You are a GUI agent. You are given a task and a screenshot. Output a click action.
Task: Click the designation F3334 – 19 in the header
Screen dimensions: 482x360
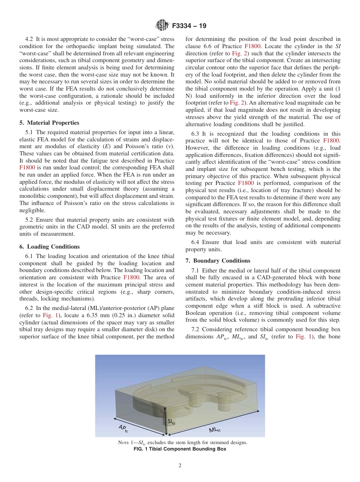click(x=189, y=26)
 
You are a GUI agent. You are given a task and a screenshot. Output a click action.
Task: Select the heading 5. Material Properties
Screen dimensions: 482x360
click(x=49, y=123)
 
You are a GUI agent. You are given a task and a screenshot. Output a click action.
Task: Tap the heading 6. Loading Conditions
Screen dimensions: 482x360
click(x=49, y=247)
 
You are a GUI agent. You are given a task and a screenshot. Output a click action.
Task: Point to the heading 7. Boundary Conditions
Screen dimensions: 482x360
click(x=218, y=261)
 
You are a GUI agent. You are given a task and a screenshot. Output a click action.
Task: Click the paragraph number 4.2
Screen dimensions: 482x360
click(x=29, y=39)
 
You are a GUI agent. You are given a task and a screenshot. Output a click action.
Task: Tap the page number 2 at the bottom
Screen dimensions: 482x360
click(x=180, y=466)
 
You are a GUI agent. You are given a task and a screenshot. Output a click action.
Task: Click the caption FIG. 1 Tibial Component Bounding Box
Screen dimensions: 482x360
click(x=180, y=449)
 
